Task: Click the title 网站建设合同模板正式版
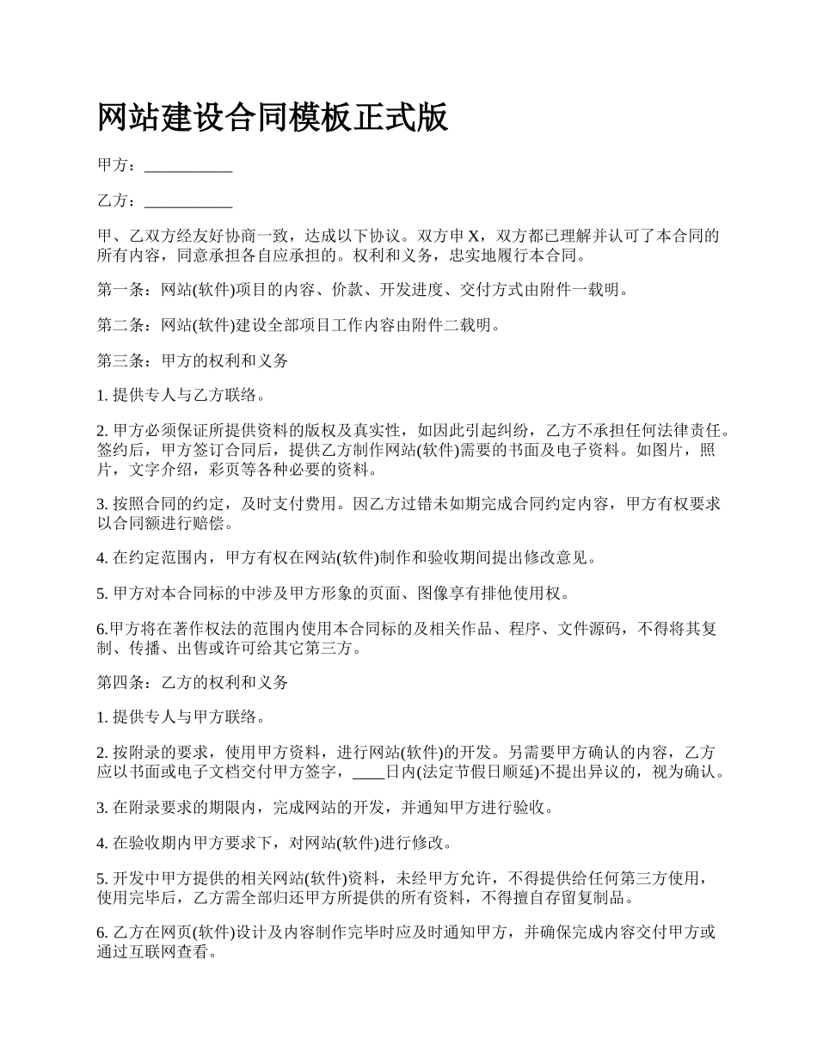273,118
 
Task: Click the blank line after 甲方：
188,166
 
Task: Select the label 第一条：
128,290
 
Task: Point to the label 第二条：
128,325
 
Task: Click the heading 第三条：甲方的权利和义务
193,361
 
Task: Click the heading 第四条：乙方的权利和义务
193,682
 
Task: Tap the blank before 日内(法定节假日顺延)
369,772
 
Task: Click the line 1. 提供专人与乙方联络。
183,397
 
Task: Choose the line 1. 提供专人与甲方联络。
183,717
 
